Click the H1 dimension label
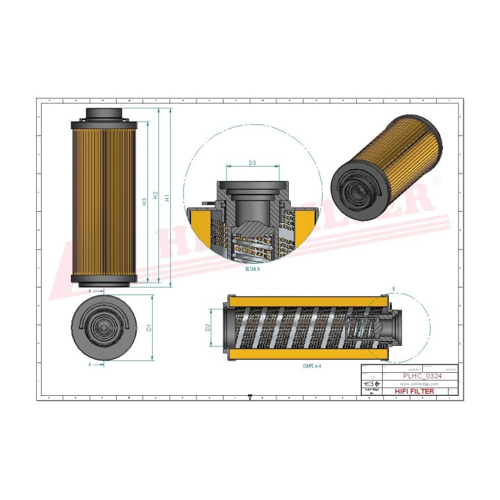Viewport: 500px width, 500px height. click(167, 198)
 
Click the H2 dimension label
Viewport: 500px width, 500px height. click(156, 198)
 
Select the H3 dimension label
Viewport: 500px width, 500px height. click(144, 202)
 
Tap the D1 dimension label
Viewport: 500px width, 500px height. click(149, 327)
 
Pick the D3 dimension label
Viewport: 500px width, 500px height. click(253, 163)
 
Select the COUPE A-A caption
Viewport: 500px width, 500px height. click(313, 365)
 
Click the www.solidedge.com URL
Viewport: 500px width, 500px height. click(419, 383)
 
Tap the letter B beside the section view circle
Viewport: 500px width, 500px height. click(394, 288)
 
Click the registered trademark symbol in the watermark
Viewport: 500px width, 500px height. click(435, 180)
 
